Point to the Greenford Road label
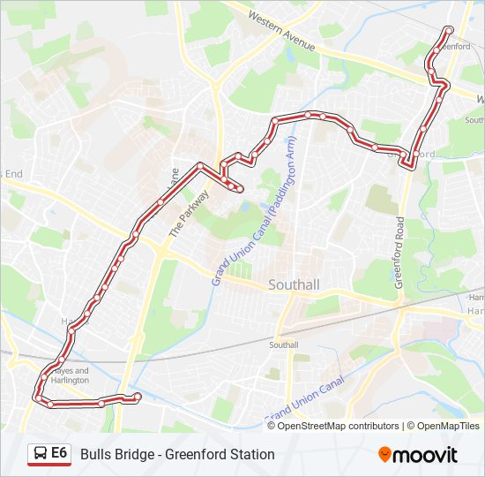pyautogui.click(x=399, y=253)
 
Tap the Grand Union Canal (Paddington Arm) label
pyautogui.click(x=254, y=217)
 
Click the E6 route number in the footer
pyautogui.click(x=59, y=453)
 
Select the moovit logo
pyautogui.click(x=418, y=454)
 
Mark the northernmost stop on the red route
pyautogui.click(x=449, y=30)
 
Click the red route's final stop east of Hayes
pyautogui.click(x=137, y=396)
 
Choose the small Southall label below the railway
pyautogui.click(x=285, y=344)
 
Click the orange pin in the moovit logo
pyautogui.click(x=384, y=454)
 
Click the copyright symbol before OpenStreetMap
pyautogui.click(x=272, y=426)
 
